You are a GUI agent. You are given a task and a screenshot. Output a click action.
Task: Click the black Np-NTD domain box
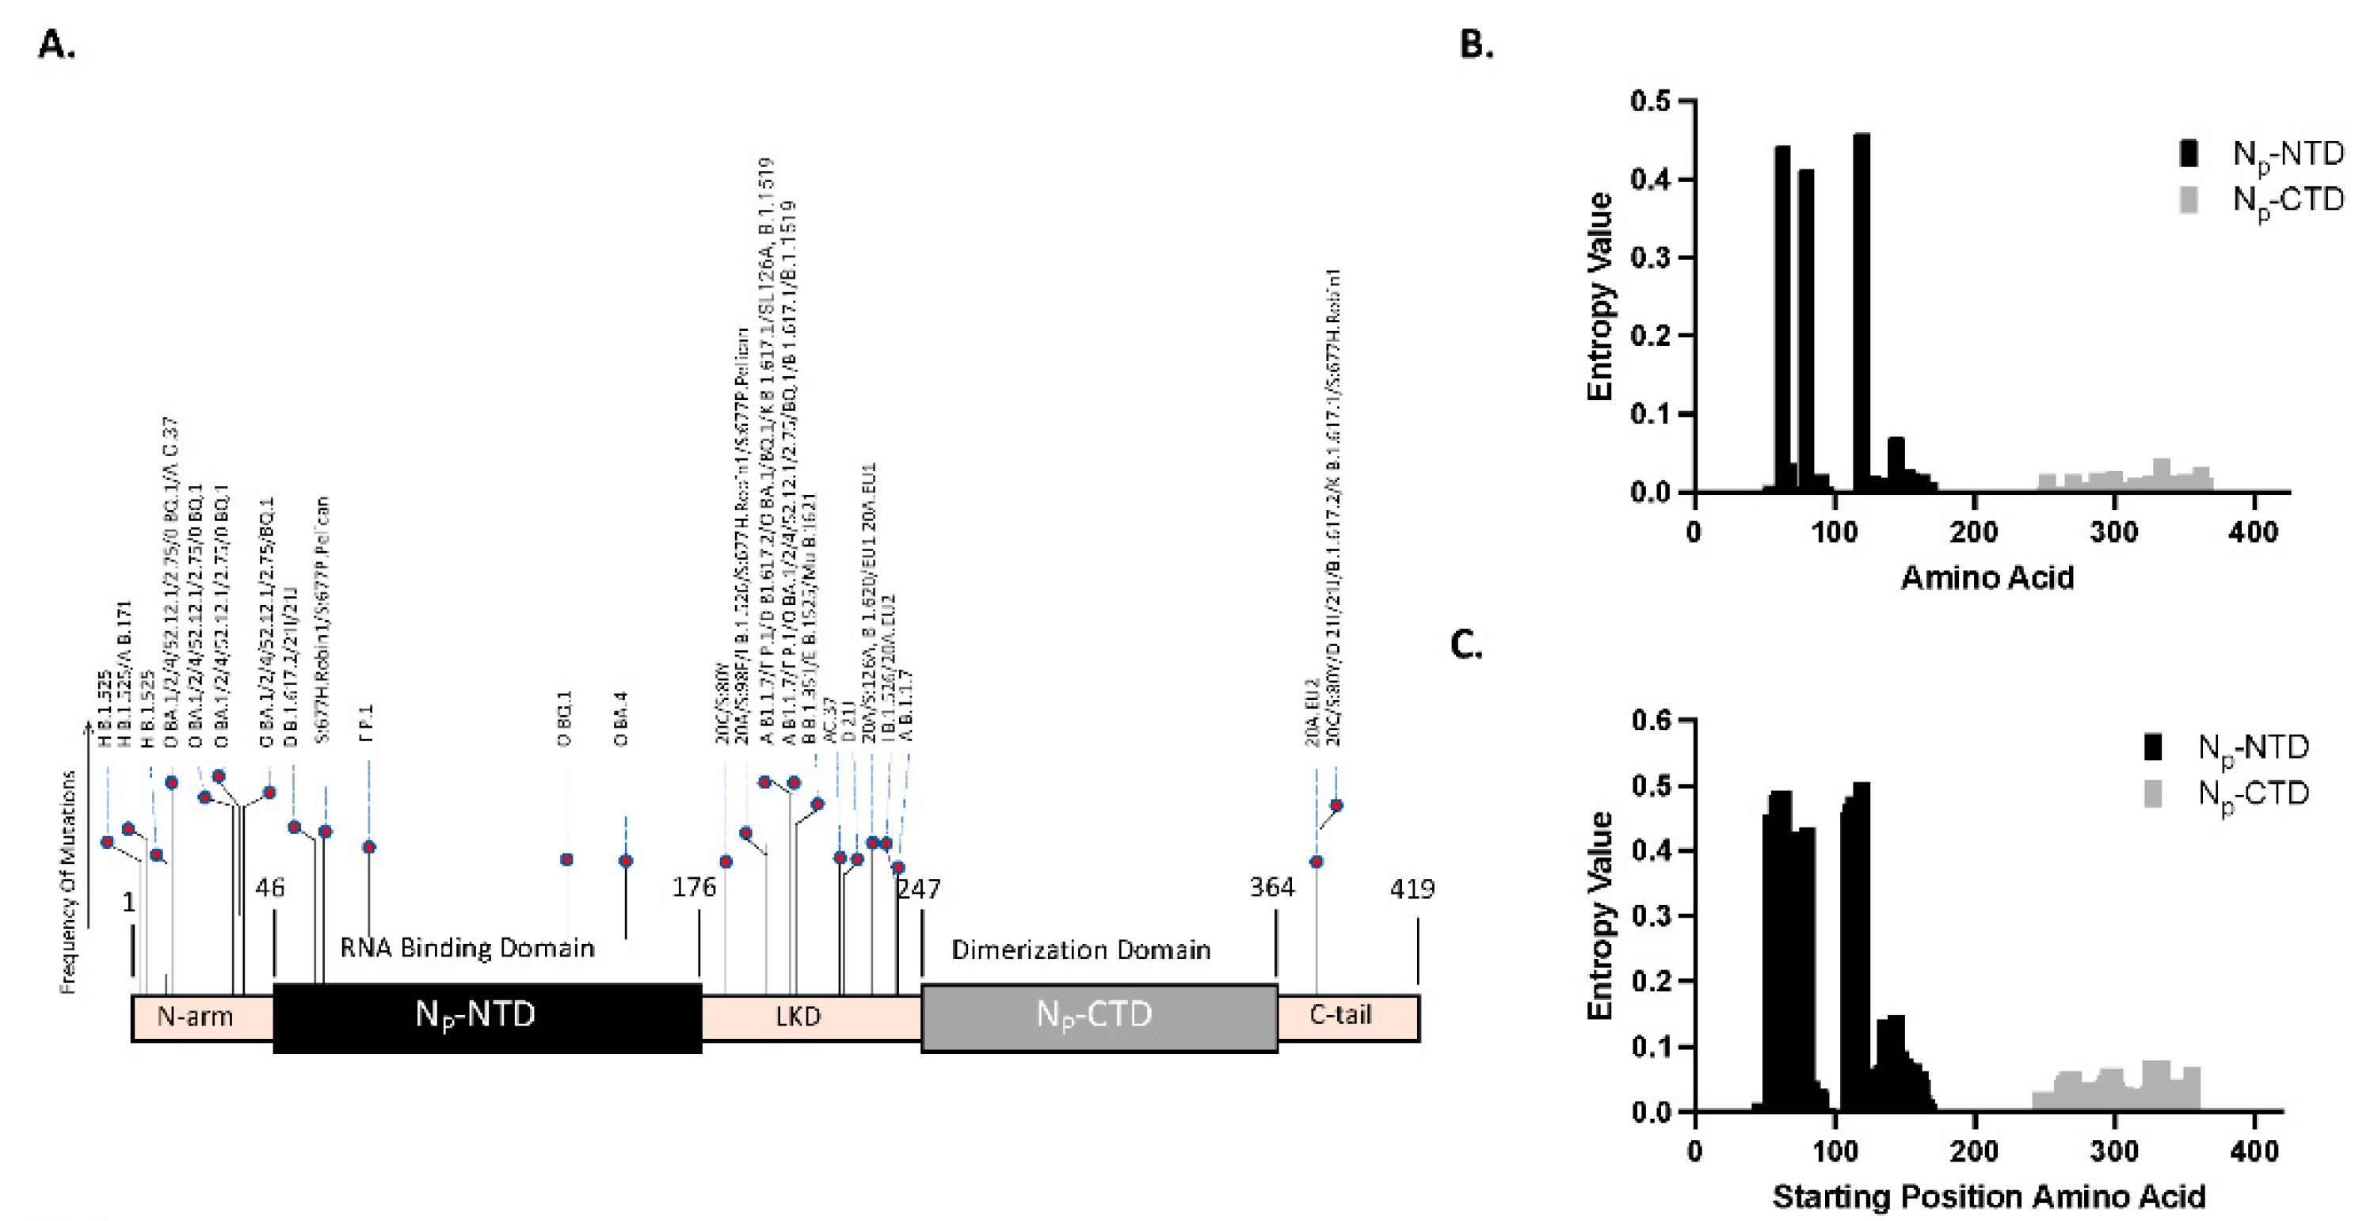pos(486,1017)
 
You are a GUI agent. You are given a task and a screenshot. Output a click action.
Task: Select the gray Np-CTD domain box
pos(1099,1017)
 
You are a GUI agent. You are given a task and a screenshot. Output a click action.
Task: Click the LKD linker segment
pos(798,1017)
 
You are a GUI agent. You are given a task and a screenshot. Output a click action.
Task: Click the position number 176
pos(694,888)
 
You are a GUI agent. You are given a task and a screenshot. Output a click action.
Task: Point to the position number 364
pos(1272,888)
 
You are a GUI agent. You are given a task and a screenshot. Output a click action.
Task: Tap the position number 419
pos(1412,889)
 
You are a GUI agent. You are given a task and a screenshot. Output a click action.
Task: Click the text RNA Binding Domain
pos(467,949)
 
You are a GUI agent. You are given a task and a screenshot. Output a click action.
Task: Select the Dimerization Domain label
pos(1081,950)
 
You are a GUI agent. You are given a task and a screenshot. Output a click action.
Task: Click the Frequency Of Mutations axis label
pos(67,882)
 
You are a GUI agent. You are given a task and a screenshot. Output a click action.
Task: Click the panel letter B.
pos(1477,44)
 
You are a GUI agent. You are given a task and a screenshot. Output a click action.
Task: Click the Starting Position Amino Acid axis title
pos(1989,1196)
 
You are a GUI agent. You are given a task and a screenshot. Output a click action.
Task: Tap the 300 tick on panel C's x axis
pos(2114,1151)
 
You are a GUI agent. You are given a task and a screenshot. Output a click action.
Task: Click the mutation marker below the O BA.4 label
pos(626,861)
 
